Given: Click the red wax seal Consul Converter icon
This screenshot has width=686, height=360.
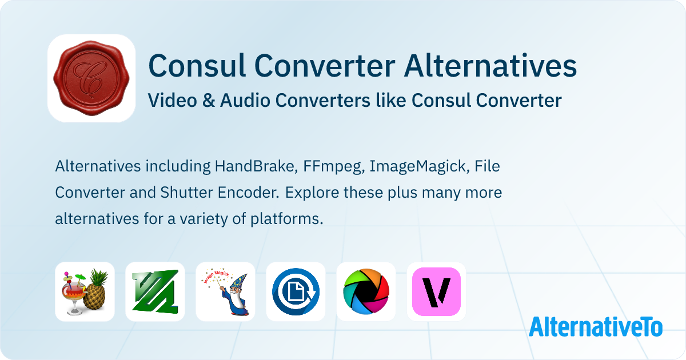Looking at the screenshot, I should (x=91, y=78).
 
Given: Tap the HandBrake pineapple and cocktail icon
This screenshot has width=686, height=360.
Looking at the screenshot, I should (x=85, y=291).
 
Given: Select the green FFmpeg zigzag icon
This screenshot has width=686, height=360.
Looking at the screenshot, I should (x=155, y=291).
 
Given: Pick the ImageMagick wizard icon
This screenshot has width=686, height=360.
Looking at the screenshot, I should (x=225, y=291).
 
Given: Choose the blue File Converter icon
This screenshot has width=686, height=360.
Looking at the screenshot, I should (x=296, y=291).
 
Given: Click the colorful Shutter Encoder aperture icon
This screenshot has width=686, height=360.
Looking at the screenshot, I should (x=366, y=291).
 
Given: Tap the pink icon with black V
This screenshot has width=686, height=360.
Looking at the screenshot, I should (x=436, y=291).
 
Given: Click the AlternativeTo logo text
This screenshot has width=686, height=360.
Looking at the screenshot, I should (x=596, y=326).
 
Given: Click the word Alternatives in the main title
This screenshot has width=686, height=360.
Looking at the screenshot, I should (x=490, y=66).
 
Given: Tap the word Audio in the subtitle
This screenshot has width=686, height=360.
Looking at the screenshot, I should (x=242, y=101).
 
